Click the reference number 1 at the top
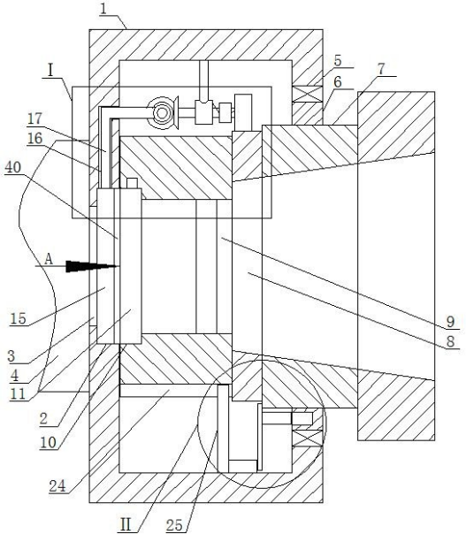[103, 9]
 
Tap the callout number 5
[338, 61]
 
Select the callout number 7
[381, 69]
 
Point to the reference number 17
[34, 118]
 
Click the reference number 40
[13, 168]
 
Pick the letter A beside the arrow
[49, 259]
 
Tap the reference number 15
[19, 319]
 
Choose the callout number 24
[57, 486]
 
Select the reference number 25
[174, 525]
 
